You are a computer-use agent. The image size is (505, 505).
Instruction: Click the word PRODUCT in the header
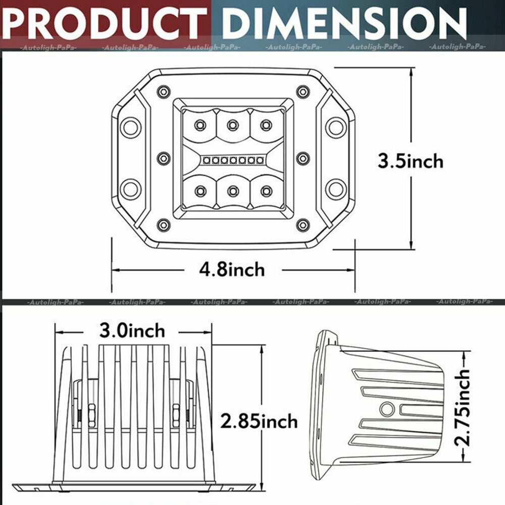tap(105, 23)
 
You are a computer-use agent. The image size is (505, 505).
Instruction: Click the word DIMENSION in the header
tap(344, 23)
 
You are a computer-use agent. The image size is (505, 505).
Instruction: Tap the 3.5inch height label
tap(411, 161)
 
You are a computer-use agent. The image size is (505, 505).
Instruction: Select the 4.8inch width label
tap(232, 269)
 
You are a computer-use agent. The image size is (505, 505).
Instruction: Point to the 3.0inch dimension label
tap(132, 330)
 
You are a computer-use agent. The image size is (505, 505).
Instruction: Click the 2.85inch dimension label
tap(259, 421)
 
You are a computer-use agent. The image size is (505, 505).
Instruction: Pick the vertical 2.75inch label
tap(462, 408)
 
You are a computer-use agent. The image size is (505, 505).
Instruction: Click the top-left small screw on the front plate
tap(164, 92)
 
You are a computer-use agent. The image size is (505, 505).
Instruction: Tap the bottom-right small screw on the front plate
tap(302, 225)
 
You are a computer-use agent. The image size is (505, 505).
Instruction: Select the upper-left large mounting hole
tap(130, 127)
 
